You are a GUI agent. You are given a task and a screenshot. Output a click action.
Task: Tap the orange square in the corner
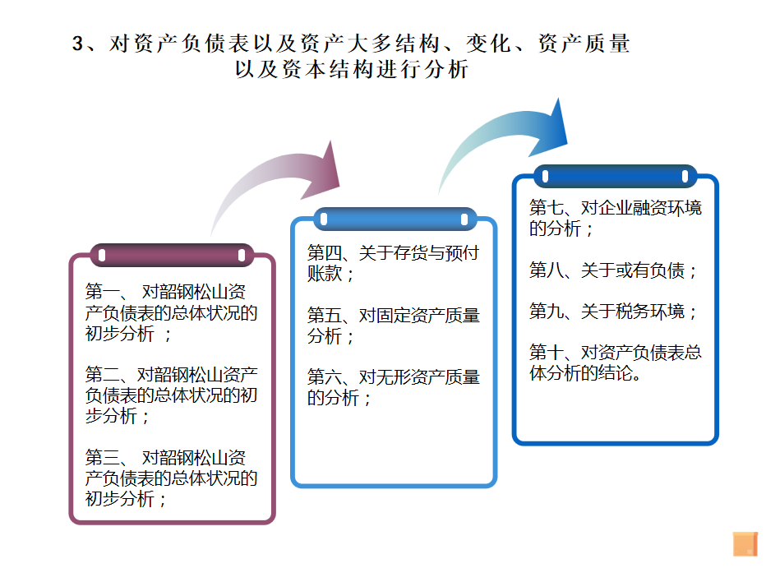(745, 543)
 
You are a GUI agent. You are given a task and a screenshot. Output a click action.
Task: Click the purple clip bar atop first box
(172, 255)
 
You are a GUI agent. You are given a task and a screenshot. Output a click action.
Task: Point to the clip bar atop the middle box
(394, 219)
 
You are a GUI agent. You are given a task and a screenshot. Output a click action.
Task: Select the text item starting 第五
(393, 326)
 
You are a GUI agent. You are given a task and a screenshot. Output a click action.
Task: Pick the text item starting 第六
(393, 387)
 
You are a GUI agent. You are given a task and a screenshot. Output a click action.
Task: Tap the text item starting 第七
(615, 218)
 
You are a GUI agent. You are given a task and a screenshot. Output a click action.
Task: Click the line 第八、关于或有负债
(613, 270)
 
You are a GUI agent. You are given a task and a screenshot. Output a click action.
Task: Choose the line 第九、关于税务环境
(613, 312)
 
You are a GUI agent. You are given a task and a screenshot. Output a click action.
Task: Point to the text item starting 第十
(615, 363)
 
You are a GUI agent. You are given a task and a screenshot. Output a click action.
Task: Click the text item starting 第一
(172, 312)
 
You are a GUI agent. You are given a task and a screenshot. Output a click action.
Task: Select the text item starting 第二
(172, 395)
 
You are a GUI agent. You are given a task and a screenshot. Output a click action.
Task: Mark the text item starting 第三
(172, 478)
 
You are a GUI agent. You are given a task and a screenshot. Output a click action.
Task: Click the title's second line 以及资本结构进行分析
(351, 70)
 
